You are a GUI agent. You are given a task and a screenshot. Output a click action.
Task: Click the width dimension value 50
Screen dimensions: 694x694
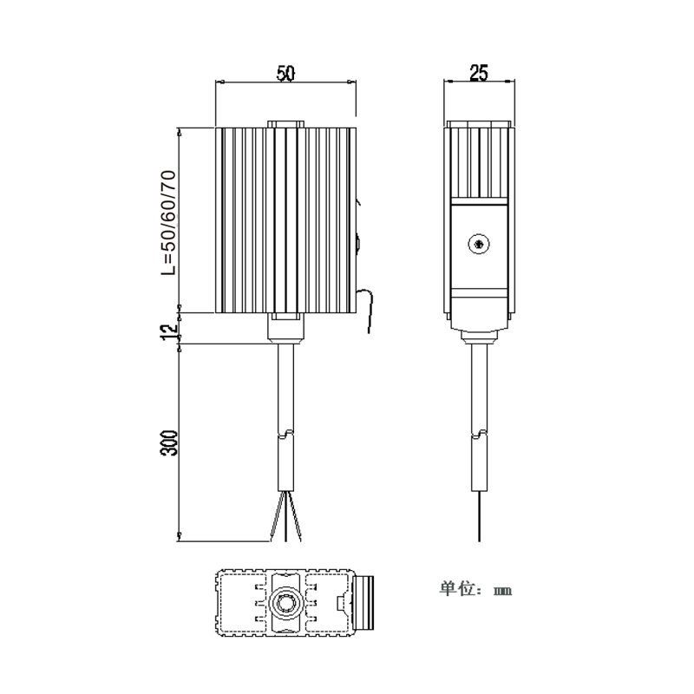pos(285,74)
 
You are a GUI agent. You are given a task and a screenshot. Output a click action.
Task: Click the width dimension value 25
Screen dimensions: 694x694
pos(476,74)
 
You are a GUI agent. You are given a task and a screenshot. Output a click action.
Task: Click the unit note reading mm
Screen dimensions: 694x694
pos(503,591)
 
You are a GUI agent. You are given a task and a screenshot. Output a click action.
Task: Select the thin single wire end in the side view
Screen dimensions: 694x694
pos(477,516)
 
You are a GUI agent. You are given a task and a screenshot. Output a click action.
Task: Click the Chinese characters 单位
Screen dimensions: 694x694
pos(460,589)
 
